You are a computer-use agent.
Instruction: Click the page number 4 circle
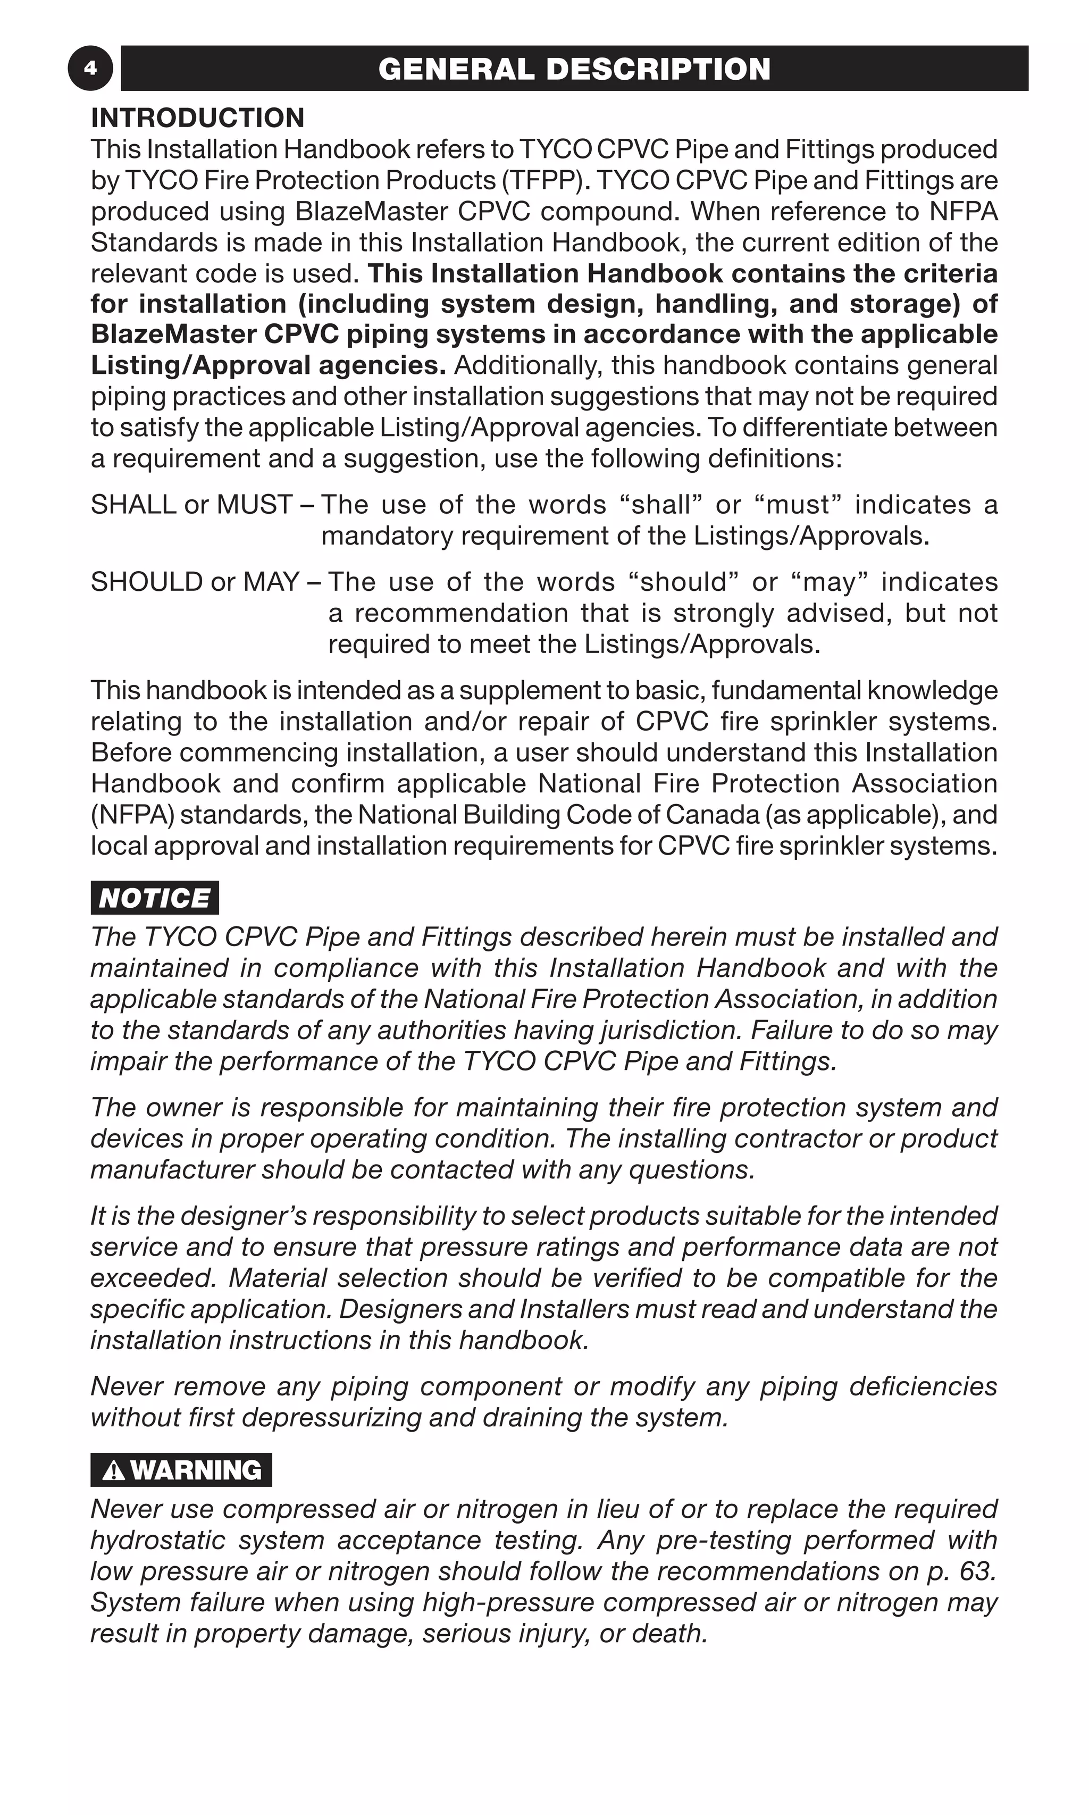(x=90, y=68)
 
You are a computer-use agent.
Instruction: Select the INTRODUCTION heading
(x=197, y=118)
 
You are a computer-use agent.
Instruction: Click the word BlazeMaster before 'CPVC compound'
(x=371, y=211)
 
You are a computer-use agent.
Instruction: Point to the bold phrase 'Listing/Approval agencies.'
(x=268, y=365)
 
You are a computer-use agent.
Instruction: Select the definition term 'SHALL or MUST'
(x=191, y=505)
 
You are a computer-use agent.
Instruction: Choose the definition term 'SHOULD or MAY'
(x=195, y=582)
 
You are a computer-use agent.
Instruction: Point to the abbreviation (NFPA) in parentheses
(x=132, y=815)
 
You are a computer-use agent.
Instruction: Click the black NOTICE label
(x=155, y=898)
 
